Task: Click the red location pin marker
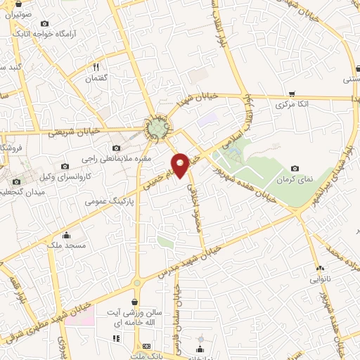pyautogui.click(x=181, y=165)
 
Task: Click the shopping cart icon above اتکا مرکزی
pyautogui.click(x=291, y=94)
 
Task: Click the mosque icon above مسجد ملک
pyautogui.click(x=67, y=235)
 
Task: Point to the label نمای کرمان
pyautogui.click(x=294, y=179)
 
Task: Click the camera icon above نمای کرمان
pyautogui.click(x=294, y=169)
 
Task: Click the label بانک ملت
pyautogui.click(x=146, y=356)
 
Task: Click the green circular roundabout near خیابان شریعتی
pyautogui.click(x=157, y=127)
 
